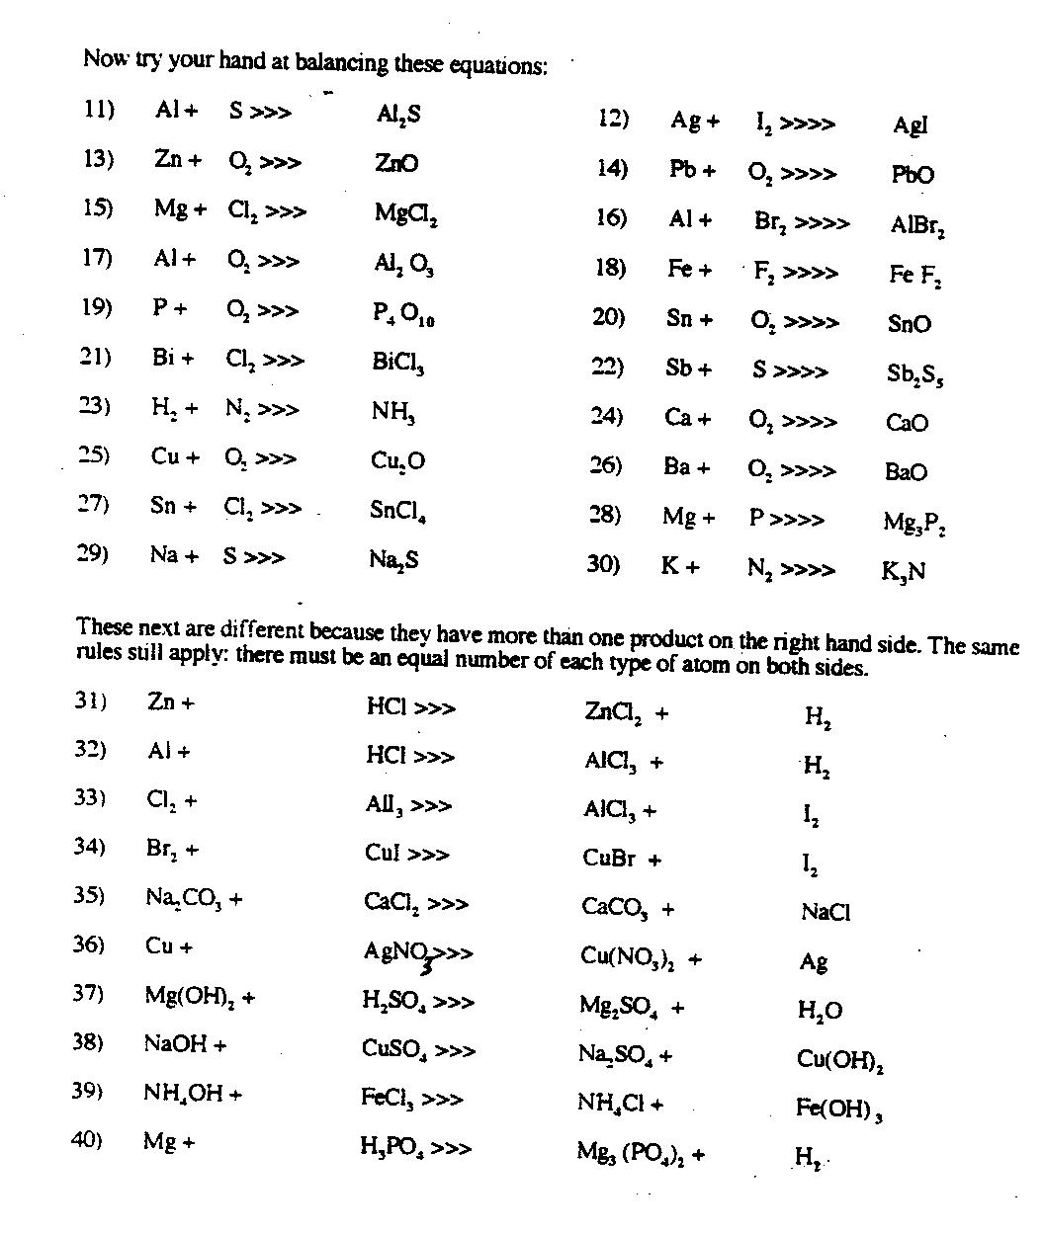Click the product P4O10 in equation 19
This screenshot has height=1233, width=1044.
tap(403, 313)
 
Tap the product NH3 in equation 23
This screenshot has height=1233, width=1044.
tap(392, 411)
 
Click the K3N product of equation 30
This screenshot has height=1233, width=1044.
tap(903, 572)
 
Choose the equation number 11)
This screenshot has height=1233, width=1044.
tap(99, 110)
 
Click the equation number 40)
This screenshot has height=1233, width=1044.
tap(87, 1140)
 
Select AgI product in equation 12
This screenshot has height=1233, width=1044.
tap(911, 125)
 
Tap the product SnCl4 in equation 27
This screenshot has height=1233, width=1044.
tap(397, 511)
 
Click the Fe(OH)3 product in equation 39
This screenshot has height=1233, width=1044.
tap(838, 1109)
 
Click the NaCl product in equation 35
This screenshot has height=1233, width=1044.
tap(826, 913)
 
